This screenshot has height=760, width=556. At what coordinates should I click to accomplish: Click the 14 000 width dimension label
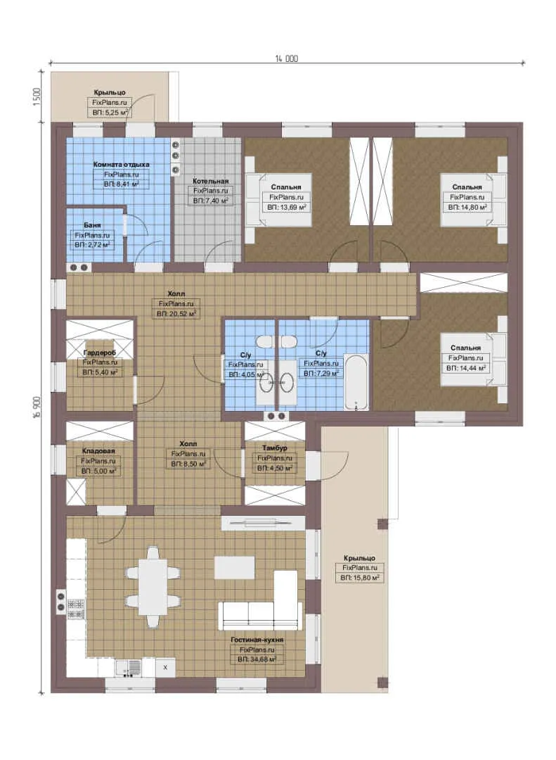(x=287, y=58)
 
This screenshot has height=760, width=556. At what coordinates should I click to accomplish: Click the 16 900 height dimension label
(x=37, y=407)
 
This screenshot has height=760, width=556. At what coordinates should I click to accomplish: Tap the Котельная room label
(x=210, y=181)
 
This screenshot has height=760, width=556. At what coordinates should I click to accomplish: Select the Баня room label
(x=92, y=225)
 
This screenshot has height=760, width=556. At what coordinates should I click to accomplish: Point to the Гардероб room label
(x=100, y=353)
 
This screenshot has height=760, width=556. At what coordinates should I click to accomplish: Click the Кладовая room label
(x=98, y=451)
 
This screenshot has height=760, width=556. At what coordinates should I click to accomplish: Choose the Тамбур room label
(x=275, y=448)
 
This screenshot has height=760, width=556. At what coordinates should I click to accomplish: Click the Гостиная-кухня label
(x=257, y=640)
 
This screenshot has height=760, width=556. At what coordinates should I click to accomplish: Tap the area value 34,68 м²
(x=257, y=659)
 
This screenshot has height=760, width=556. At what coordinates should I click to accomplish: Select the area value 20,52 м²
(x=176, y=314)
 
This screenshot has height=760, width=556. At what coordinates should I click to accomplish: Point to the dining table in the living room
(x=153, y=587)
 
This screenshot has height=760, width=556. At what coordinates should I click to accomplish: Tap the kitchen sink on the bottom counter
(x=129, y=667)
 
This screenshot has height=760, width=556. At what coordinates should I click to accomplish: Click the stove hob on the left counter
(x=76, y=609)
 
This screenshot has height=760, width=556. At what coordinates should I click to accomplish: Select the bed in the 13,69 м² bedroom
(x=278, y=199)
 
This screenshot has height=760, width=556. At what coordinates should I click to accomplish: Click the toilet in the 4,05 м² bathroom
(x=264, y=342)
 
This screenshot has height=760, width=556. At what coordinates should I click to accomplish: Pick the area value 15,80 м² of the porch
(x=359, y=578)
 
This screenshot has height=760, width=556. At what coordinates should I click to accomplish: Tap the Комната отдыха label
(x=121, y=164)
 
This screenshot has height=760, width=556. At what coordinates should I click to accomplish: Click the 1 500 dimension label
(x=37, y=97)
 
